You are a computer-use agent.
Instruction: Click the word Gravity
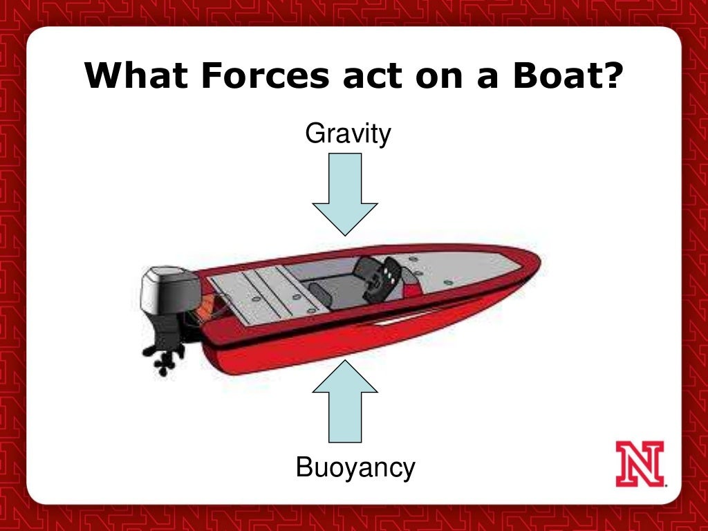click(348, 134)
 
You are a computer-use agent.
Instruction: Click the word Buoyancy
click(355, 468)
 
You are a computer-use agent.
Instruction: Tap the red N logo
click(640, 463)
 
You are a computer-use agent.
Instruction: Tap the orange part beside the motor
click(205, 308)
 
